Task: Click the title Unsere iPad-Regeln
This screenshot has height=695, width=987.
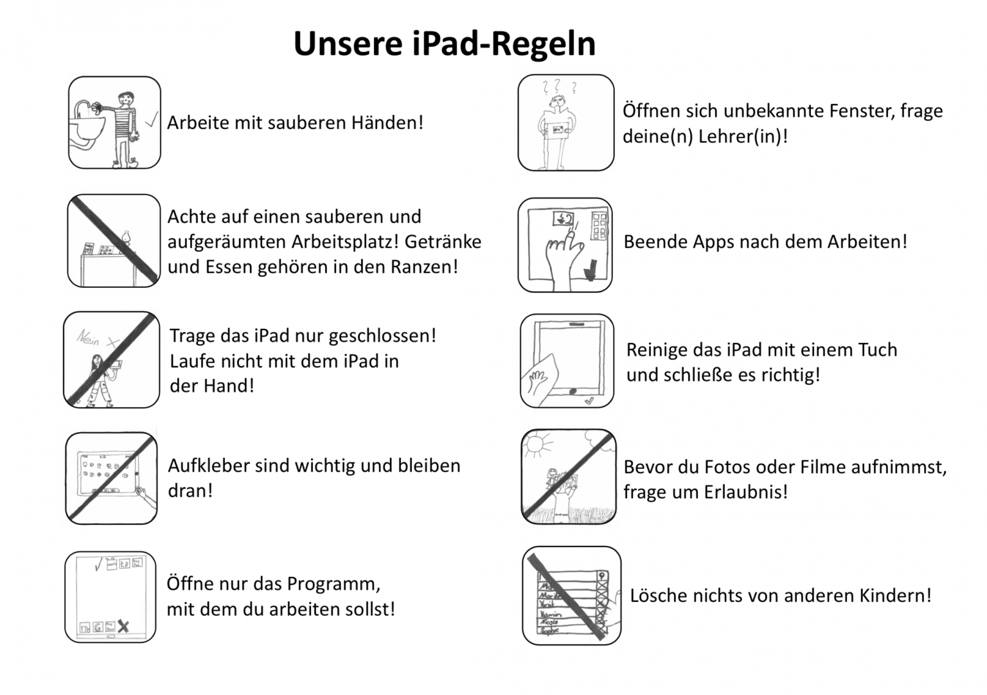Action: point(444,44)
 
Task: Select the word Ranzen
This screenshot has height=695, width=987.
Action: point(424,267)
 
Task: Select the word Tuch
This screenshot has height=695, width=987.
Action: point(877,350)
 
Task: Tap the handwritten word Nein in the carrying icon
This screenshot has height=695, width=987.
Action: point(88,337)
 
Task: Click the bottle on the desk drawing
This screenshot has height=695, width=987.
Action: point(126,237)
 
